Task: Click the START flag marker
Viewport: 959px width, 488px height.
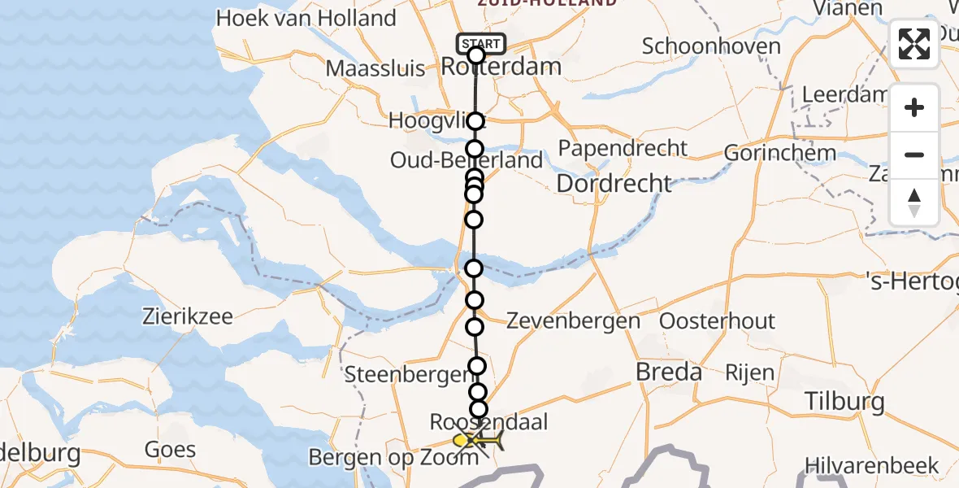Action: coord(482,44)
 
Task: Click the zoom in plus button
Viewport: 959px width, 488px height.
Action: coord(914,108)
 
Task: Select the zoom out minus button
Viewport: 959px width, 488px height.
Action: coord(914,155)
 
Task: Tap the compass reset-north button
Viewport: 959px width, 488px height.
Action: coord(914,203)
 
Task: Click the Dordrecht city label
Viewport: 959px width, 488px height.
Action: coord(614,183)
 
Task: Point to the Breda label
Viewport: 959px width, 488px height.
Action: coord(669,373)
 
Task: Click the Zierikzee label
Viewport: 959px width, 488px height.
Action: coord(188,316)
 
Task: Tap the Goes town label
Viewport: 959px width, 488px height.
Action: coord(170,449)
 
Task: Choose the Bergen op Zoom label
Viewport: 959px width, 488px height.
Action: coord(393,458)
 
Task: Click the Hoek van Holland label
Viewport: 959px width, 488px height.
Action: coord(306,18)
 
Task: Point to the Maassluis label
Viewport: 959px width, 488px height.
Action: coord(375,68)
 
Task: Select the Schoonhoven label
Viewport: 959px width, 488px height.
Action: coord(711,46)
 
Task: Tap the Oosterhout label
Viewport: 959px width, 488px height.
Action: coord(717,321)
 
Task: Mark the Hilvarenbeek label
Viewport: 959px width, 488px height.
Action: coord(872,466)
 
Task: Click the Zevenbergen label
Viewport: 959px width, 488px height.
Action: coord(573,321)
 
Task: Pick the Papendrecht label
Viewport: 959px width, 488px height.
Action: coord(623,149)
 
